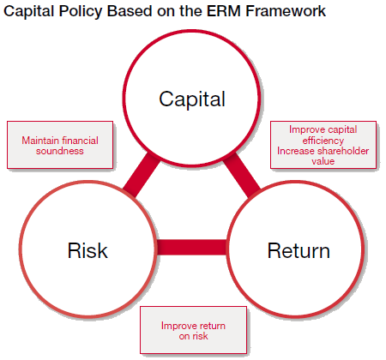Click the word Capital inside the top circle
coord(192,99)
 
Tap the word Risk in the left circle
coord(87,250)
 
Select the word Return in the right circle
coord(299,250)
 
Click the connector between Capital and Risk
coord(142,175)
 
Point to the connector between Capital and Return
coord(242,175)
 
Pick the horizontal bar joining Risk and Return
coord(191,247)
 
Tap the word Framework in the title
coord(286,11)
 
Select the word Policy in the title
coord(81,12)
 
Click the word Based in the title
coord(130,11)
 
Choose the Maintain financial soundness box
coord(60,145)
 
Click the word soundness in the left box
coord(60,151)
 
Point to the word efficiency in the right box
coord(323,141)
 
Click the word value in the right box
coord(323,161)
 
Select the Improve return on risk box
coord(193,330)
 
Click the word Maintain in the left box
coord(40,141)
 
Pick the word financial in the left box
coord(80,141)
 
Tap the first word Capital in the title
coord(28,12)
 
